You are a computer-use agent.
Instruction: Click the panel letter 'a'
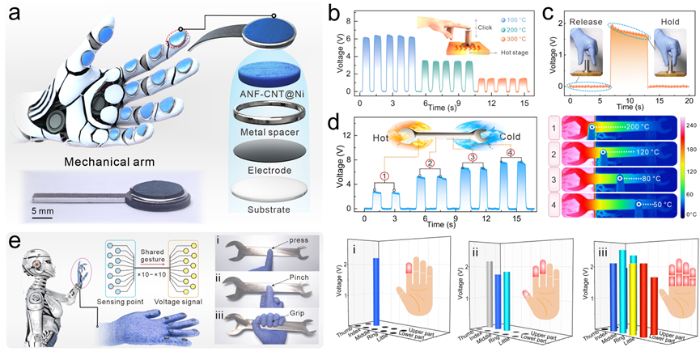click(11, 14)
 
